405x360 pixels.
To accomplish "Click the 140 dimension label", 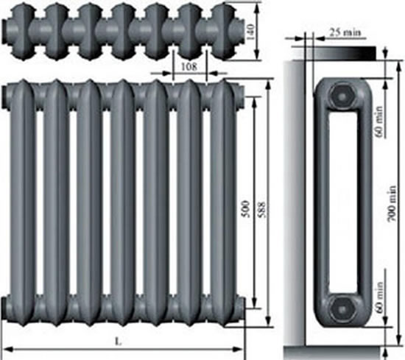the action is pos(250,32).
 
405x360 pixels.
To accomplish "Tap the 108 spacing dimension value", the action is pos(189,67).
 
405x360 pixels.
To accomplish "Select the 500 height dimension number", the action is pos(245,209).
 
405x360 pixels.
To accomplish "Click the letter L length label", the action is pos(119,342).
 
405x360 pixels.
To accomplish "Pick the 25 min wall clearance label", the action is pos(345,32).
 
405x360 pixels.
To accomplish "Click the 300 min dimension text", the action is pos(392,204).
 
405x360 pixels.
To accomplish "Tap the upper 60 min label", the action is pos(378,121).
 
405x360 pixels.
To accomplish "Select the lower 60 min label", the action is pos(378,297).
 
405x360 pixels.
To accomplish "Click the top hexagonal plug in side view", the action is pos(342,96).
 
